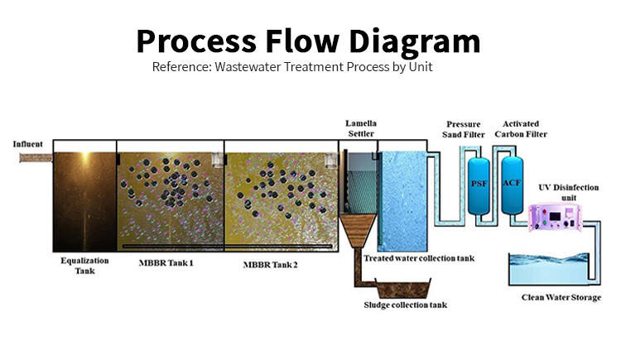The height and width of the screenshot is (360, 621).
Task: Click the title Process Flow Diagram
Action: point(308,40)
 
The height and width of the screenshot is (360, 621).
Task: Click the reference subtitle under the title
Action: point(292,67)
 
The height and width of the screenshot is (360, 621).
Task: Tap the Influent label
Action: point(27,145)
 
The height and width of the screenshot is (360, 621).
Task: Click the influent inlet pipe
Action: point(35,157)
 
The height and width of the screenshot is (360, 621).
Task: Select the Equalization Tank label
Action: point(84,265)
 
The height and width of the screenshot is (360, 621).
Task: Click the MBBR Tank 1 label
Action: point(166,264)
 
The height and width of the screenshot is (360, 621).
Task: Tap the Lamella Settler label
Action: point(360,128)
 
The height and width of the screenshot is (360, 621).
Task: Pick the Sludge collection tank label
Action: point(406,305)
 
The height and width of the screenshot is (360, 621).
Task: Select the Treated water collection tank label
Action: point(419,259)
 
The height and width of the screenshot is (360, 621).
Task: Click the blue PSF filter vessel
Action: point(478,183)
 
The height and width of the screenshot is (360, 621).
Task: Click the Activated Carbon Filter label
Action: point(519,128)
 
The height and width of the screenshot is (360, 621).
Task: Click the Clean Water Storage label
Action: point(561,297)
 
